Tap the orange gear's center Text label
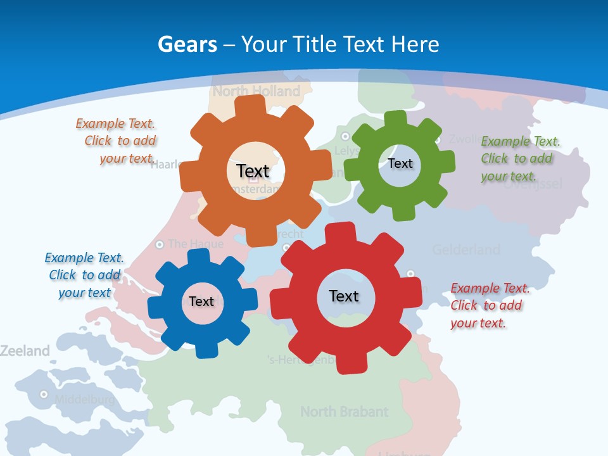(253, 171)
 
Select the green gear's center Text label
(400, 163)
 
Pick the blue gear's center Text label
(201, 301)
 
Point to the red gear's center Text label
(344, 296)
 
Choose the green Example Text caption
(519, 158)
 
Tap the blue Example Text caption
(84, 275)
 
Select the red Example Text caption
(489, 305)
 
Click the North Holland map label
(256, 91)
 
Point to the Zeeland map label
(24, 351)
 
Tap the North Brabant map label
(344, 412)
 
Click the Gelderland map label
(466, 250)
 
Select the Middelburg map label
(85, 400)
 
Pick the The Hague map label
(196, 244)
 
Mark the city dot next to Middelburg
(44, 394)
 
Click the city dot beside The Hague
(160, 244)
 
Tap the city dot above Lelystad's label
(345, 136)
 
